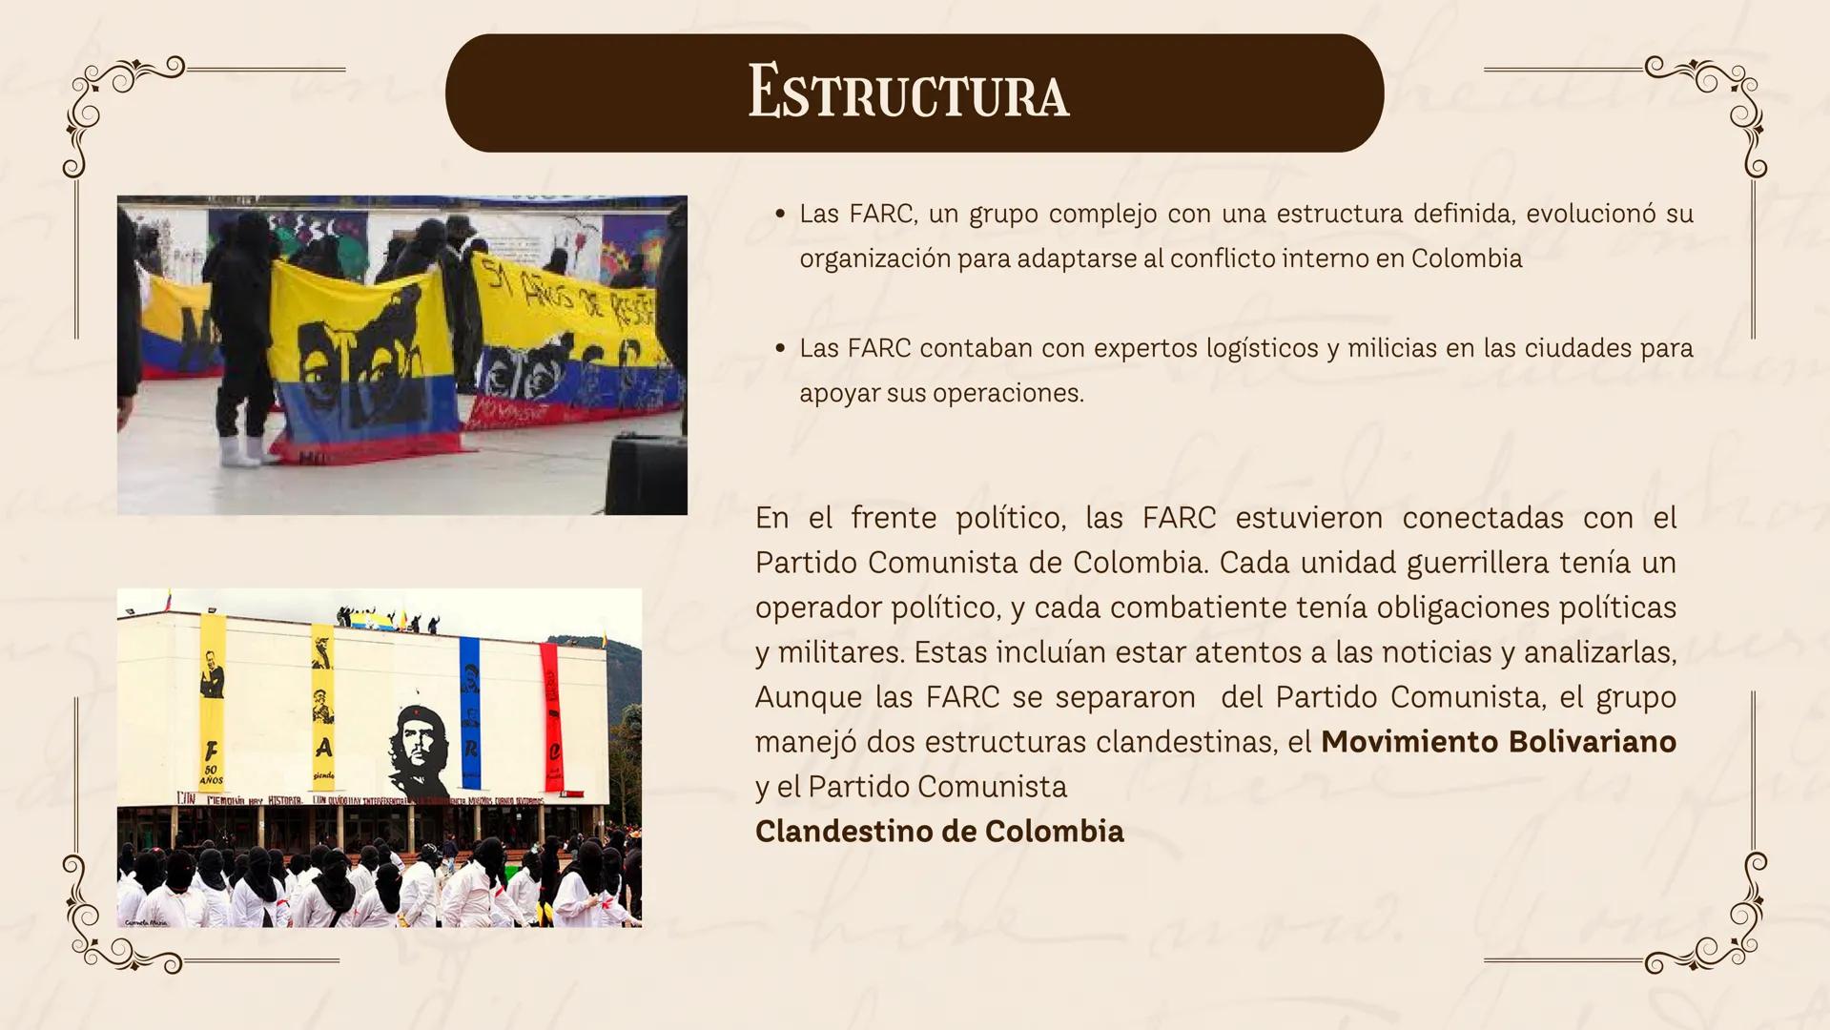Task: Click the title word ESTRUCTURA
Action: click(x=908, y=93)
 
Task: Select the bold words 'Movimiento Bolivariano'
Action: click(x=1497, y=742)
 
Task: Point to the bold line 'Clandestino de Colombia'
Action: click(x=939, y=832)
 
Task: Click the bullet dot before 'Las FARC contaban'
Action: click(x=780, y=349)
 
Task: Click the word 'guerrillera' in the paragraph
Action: click(x=1477, y=563)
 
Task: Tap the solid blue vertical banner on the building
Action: click(x=469, y=711)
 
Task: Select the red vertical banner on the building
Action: click(x=551, y=715)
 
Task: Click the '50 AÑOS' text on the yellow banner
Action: click(x=211, y=774)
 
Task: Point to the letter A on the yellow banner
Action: click(x=324, y=745)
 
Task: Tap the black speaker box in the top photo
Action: click(x=646, y=474)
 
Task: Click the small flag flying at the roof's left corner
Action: click(x=169, y=600)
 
